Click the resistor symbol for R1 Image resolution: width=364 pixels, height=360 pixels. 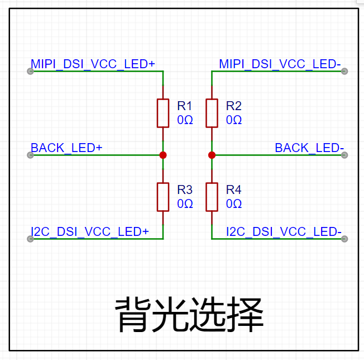[x=162, y=113]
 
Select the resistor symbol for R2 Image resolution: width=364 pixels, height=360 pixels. [x=212, y=113]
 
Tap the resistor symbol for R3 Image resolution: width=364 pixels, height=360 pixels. [x=162, y=197]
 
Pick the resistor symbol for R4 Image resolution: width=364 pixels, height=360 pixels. [x=212, y=197]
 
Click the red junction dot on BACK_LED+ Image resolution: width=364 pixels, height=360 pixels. [x=162, y=155]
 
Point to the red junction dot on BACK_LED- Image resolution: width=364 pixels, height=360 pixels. [x=212, y=155]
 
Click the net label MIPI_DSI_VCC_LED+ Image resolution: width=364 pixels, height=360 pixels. [x=93, y=64]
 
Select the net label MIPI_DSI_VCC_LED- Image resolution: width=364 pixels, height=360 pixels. [x=280, y=64]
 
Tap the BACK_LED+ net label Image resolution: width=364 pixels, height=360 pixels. [x=66, y=148]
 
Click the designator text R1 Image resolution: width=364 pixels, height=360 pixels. [x=185, y=106]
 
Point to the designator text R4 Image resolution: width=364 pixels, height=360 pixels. [x=234, y=190]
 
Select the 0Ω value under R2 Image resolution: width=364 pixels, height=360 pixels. [x=234, y=120]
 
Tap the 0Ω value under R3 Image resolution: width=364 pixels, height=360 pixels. [x=185, y=204]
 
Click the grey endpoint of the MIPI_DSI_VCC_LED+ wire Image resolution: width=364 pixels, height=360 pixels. [x=31, y=71]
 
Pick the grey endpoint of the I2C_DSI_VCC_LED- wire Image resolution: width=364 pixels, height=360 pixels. [x=344, y=239]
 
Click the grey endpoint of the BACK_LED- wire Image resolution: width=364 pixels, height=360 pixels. [x=344, y=155]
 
